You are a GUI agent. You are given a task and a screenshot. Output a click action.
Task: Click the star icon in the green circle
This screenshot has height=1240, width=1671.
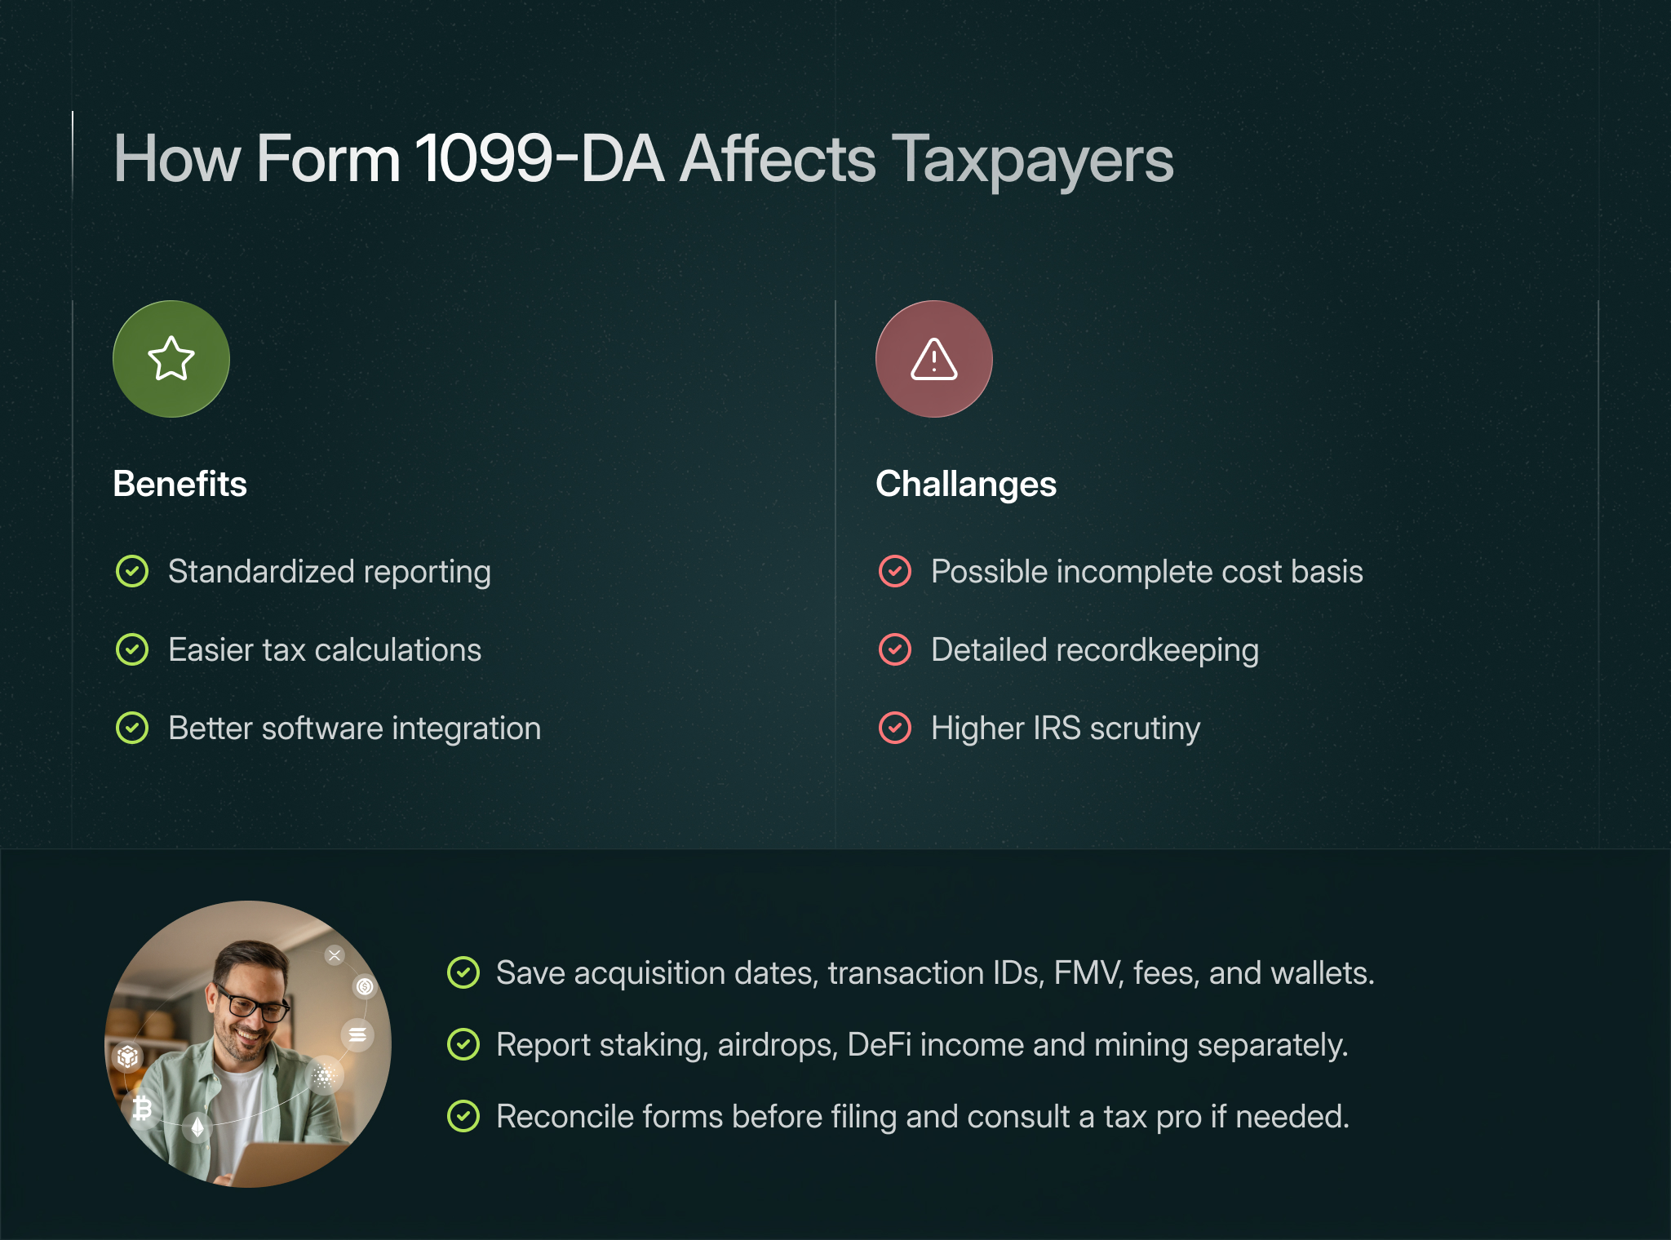pyautogui.click(x=171, y=359)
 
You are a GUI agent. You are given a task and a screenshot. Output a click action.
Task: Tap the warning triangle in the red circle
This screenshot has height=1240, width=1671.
pyautogui.click(x=933, y=359)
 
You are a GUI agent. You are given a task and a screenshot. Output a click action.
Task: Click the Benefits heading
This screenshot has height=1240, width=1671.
pyautogui.click(x=180, y=484)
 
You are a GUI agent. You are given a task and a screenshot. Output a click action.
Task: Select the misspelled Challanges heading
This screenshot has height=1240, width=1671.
pyautogui.click(x=966, y=484)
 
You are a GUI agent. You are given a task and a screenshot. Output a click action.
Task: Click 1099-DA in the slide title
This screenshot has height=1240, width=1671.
pyautogui.click(x=539, y=158)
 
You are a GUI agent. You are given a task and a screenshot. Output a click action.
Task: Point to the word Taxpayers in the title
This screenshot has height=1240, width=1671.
pyautogui.click(x=1032, y=160)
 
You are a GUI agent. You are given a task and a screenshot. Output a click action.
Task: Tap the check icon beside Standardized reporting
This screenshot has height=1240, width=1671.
pyautogui.click(x=132, y=571)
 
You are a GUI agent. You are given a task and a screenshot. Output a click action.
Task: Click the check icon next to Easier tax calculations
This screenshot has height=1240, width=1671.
pyautogui.click(x=132, y=649)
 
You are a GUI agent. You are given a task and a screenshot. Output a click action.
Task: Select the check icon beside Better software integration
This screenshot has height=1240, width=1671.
pyautogui.click(x=132, y=728)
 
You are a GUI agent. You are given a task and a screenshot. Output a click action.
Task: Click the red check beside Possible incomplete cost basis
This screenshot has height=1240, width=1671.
pyautogui.click(x=895, y=571)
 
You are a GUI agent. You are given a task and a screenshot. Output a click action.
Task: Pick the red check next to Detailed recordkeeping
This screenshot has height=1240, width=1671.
pyautogui.click(x=895, y=649)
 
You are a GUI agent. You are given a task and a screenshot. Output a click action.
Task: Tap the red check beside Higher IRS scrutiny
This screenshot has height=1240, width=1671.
pyautogui.click(x=895, y=728)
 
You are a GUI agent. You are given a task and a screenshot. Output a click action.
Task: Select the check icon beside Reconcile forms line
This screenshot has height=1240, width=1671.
pyautogui.click(x=463, y=1116)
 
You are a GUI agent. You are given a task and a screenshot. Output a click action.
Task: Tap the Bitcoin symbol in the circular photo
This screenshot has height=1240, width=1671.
pyautogui.click(x=143, y=1108)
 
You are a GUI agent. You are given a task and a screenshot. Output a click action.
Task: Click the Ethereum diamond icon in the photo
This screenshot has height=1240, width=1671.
pyautogui.click(x=197, y=1127)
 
